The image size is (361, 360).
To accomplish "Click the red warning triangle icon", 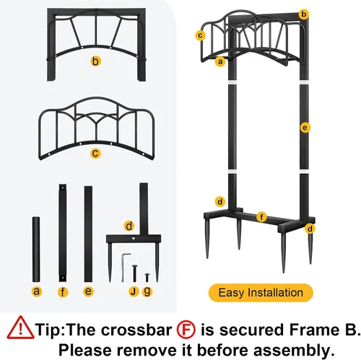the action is pyautogui.click(x=20, y=328).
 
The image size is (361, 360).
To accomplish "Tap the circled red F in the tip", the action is pyautogui.click(x=186, y=330).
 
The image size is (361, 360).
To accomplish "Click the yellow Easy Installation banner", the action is pyautogui.click(x=261, y=293).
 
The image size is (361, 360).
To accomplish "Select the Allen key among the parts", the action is pyautogui.click(x=125, y=267).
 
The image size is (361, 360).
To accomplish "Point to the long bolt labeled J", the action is pyautogui.click(x=134, y=273).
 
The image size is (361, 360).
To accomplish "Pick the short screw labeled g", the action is pyautogui.click(x=147, y=277).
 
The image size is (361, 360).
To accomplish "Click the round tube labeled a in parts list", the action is pyautogui.click(x=36, y=250).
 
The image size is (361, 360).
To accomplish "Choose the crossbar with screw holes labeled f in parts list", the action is pyautogui.click(x=63, y=233).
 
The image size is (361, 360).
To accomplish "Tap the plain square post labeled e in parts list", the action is pyautogui.click(x=88, y=234).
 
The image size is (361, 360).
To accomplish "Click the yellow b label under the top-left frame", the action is pyautogui.click(x=95, y=61).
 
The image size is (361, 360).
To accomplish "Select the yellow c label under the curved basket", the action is pyautogui.click(x=95, y=153).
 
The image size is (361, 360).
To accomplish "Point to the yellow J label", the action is pyautogui.click(x=134, y=291).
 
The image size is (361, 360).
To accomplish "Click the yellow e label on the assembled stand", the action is pyautogui.click(x=305, y=128).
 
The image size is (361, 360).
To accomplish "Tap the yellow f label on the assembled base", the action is pyautogui.click(x=261, y=217).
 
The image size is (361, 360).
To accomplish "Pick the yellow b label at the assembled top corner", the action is pyautogui.click(x=304, y=14).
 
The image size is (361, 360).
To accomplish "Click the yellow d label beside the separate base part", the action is pyautogui.click(x=129, y=226).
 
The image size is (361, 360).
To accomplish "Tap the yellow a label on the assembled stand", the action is pyautogui.click(x=220, y=61).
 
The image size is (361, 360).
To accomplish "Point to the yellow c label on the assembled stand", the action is pyautogui.click(x=200, y=35).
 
